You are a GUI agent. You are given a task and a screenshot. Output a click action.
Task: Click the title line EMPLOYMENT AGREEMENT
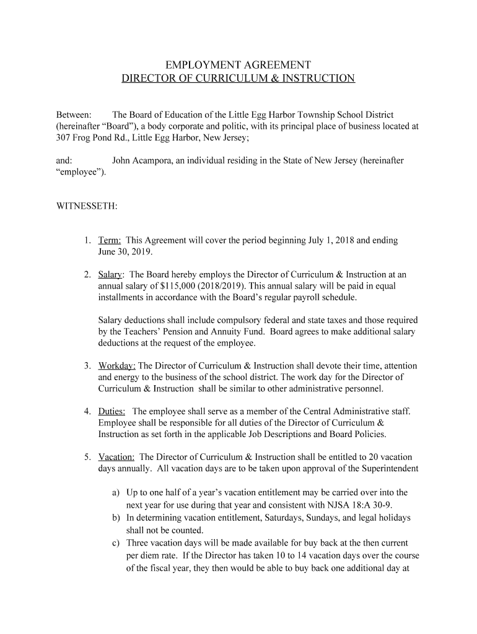[238, 65]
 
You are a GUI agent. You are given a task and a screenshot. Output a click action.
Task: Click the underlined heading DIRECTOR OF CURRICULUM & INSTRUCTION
[238, 79]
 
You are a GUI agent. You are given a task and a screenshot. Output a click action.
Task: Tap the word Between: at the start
[74, 115]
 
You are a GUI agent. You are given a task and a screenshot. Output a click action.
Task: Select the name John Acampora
[142, 160]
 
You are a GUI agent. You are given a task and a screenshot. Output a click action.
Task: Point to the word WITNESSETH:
[87, 206]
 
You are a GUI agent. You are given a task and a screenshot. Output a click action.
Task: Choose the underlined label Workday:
[117, 366]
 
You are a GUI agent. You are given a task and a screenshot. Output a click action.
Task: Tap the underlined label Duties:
[112, 412]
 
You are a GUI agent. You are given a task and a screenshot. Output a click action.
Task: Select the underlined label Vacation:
[116, 458]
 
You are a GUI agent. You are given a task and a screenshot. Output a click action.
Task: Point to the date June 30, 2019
[125, 252]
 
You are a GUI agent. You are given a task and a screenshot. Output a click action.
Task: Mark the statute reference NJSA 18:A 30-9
[360, 504]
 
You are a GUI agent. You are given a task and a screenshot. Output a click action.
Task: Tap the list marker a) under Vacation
[116, 493]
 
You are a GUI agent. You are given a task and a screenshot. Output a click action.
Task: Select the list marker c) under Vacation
[116, 543]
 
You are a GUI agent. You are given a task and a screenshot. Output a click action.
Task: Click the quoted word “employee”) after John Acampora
[81, 172]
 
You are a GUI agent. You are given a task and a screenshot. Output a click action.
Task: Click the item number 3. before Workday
[89, 366]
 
